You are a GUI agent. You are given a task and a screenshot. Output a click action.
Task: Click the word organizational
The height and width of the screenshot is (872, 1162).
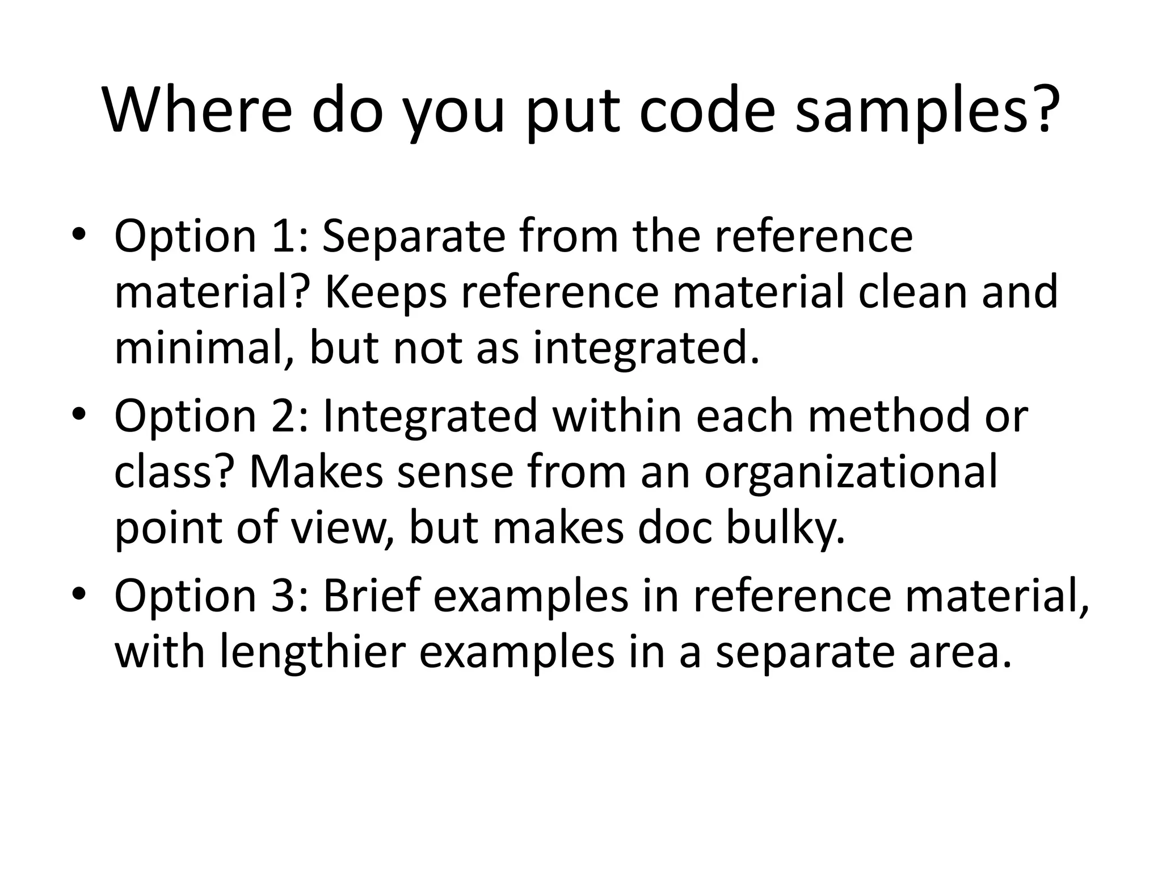point(851,472)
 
